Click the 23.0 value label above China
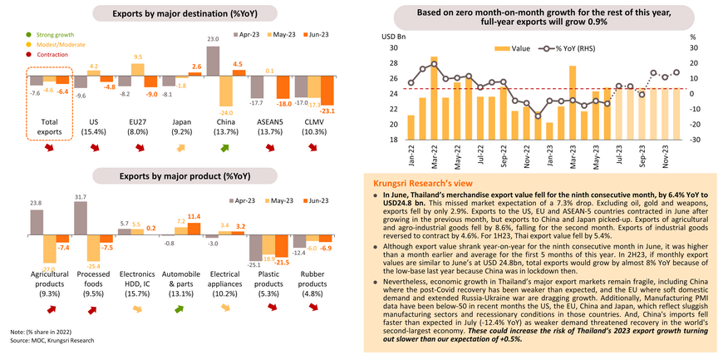[x=213, y=39]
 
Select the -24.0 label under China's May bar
[x=224, y=113]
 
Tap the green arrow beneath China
[x=224, y=149]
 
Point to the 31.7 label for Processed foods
[x=80, y=197]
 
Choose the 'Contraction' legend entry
[x=51, y=54]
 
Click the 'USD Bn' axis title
[x=393, y=37]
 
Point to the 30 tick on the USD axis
[x=393, y=47]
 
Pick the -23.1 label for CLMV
[x=328, y=111]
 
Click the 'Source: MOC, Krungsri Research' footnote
[x=50, y=340]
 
